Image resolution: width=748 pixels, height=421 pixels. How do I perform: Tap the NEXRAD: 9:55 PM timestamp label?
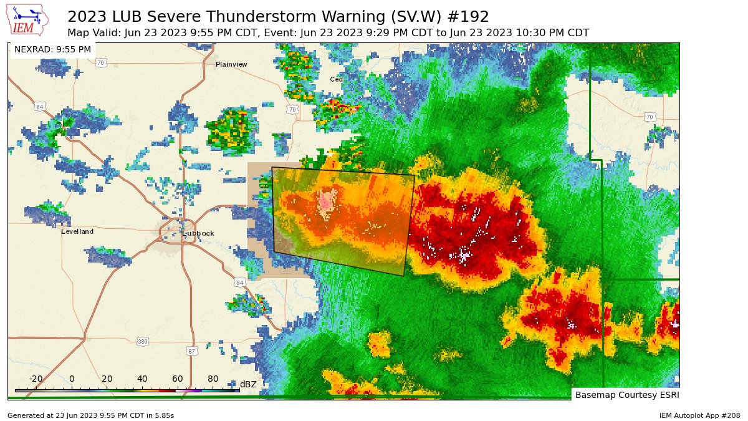click(52, 49)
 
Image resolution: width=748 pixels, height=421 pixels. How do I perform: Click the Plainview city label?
click(231, 64)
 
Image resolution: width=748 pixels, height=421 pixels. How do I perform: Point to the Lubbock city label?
click(198, 233)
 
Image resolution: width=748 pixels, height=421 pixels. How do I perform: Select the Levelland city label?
click(77, 231)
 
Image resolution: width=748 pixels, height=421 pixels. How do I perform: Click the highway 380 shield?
click(143, 341)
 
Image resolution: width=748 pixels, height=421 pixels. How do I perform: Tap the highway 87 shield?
click(192, 351)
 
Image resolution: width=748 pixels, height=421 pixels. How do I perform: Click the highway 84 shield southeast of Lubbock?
click(240, 283)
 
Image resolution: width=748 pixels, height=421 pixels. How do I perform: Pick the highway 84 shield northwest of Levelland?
click(40, 107)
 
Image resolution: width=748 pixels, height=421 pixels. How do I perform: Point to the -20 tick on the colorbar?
click(36, 379)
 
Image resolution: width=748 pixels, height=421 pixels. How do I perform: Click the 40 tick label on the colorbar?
click(142, 379)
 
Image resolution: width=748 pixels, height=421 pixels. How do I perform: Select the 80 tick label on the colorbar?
click(213, 379)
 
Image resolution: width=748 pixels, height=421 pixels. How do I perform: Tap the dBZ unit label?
click(248, 384)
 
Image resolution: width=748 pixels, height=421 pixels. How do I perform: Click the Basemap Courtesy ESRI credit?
click(626, 395)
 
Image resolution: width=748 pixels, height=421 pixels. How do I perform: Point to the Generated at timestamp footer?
click(91, 415)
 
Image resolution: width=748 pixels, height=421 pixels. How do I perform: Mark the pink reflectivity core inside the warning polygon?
click(326, 201)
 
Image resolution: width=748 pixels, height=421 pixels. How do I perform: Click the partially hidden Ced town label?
click(337, 79)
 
